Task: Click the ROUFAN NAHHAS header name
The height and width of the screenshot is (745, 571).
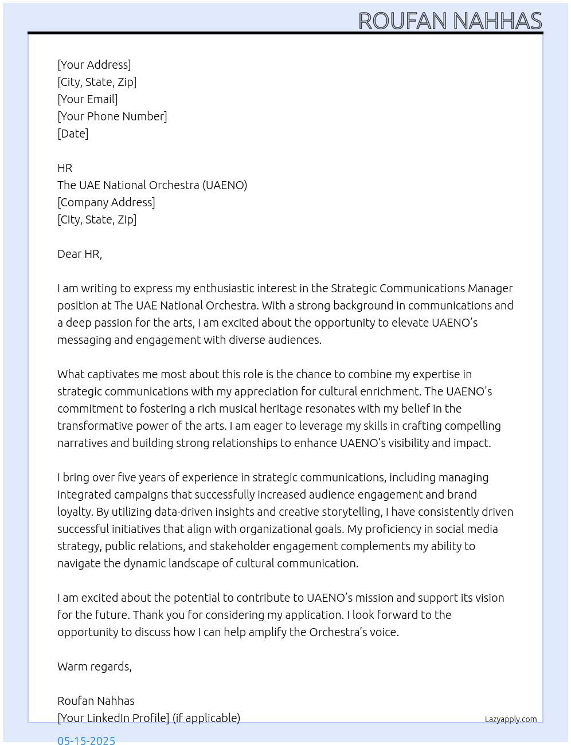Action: [450, 21]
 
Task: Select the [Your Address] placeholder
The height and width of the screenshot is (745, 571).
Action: [94, 65]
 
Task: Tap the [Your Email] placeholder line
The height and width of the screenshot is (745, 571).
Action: [88, 99]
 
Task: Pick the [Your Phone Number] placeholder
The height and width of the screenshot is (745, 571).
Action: [112, 116]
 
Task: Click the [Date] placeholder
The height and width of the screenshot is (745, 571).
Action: [73, 134]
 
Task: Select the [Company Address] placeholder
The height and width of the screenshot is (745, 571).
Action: [106, 202]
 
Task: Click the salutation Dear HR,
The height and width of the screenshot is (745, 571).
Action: [80, 254]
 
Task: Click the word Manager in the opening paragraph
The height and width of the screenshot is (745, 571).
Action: [490, 288]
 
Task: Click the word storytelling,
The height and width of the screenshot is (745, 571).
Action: [350, 512]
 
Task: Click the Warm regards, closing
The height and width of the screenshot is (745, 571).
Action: [95, 666]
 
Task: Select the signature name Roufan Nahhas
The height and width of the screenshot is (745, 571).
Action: [96, 701]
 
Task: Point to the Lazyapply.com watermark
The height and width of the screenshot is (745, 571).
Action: [511, 719]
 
